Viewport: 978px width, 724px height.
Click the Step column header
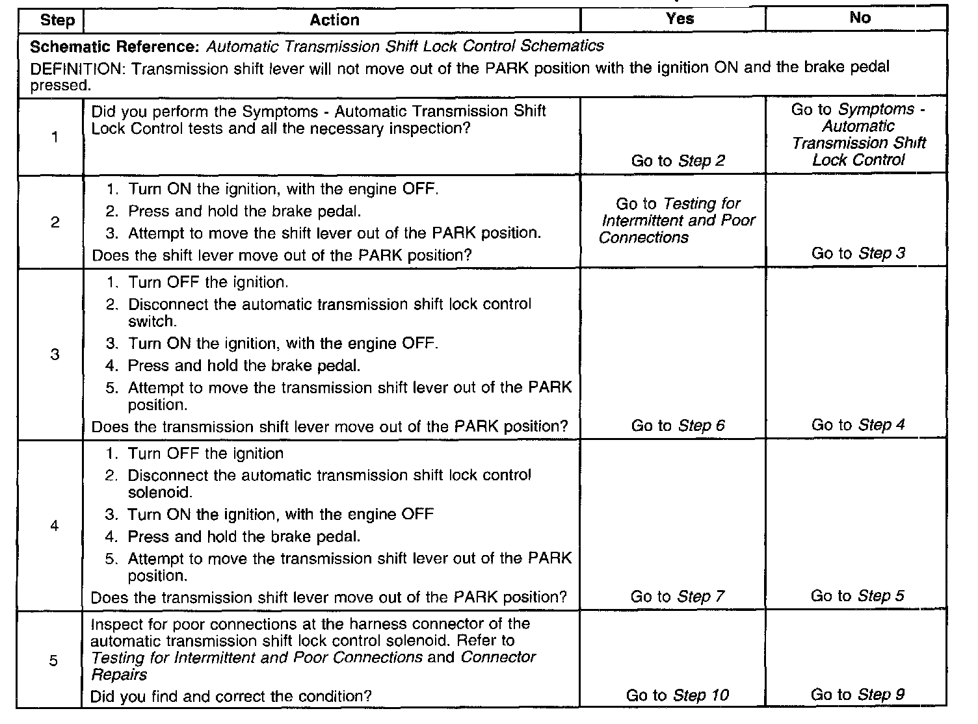57,20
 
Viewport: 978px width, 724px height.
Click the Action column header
334,20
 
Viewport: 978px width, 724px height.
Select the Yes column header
680,19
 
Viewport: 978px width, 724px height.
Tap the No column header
860,18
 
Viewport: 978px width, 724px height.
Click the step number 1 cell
55,137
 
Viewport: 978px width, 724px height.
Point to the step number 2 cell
55,222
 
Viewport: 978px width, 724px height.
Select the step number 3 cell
55,354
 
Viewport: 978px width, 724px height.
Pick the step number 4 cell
55,525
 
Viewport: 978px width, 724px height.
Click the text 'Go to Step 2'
678,161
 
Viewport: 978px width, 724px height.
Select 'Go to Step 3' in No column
858,253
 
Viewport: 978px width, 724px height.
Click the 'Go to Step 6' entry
678,426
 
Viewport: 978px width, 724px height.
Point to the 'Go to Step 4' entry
858,425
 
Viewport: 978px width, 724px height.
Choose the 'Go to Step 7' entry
677,597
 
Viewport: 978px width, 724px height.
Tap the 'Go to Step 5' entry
857,596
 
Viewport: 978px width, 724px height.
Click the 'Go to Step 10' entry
678,695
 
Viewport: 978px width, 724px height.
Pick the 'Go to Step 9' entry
857,695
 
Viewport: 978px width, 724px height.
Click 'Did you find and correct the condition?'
231,697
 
